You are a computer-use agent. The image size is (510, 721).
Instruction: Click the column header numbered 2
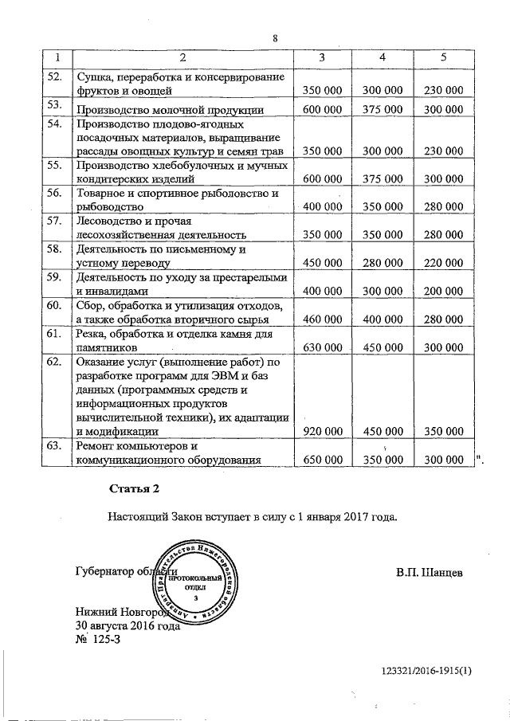click(x=182, y=57)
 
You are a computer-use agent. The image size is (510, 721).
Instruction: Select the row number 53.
click(x=54, y=105)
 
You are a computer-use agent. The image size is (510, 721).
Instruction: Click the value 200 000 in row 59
click(x=443, y=292)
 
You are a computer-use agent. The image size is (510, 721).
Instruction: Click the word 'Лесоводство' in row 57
click(x=107, y=221)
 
